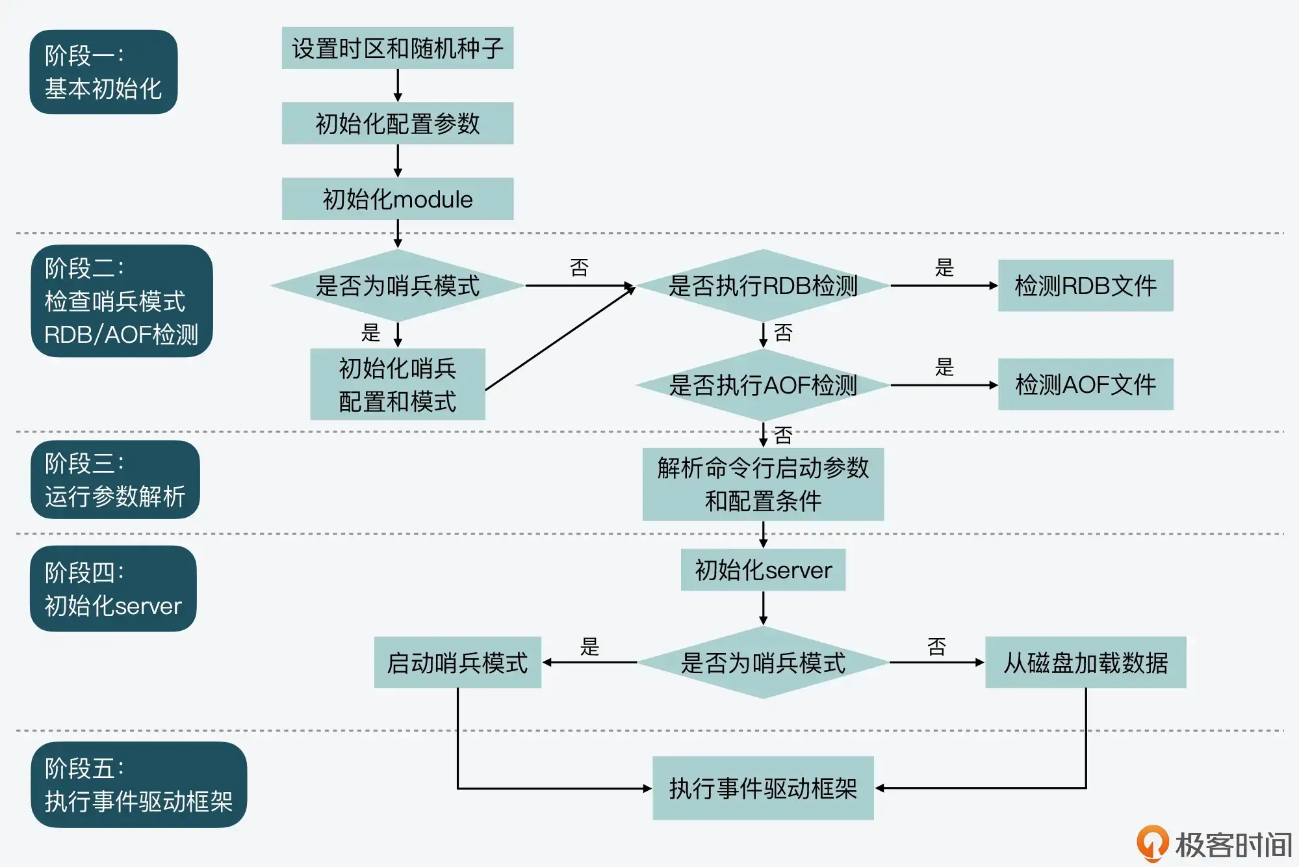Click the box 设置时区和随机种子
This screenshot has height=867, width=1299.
click(x=397, y=48)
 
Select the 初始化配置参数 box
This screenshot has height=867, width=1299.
click(x=397, y=124)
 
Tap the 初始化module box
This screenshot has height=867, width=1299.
click(x=397, y=199)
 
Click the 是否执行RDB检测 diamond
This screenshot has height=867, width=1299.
click(x=763, y=286)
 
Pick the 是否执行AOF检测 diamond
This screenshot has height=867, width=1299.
click(x=763, y=385)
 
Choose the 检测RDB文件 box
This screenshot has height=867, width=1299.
click(x=1085, y=286)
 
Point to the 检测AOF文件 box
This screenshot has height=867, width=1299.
click(x=1085, y=384)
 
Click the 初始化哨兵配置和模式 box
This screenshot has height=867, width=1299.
click(x=397, y=384)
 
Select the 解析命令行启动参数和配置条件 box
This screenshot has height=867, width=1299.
click(x=763, y=485)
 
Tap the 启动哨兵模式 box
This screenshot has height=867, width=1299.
click(x=457, y=662)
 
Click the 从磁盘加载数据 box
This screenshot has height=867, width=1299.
click(x=1085, y=662)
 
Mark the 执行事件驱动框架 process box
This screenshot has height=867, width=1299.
click(x=763, y=788)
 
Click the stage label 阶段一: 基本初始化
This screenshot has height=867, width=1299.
click(x=103, y=72)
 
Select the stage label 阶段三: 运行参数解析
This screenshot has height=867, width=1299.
click(x=115, y=480)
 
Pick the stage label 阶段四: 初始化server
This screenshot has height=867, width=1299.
click(x=113, y=589)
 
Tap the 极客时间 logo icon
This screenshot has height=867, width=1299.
click(x=1152, y=844)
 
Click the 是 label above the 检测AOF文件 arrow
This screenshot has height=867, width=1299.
click(x=944, y=367)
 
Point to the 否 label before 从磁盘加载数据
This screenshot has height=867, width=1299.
click(x=936, y=647)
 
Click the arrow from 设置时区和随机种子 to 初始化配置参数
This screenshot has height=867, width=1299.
click(x=398, y=85)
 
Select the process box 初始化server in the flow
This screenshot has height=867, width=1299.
click(x=763, y=570)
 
